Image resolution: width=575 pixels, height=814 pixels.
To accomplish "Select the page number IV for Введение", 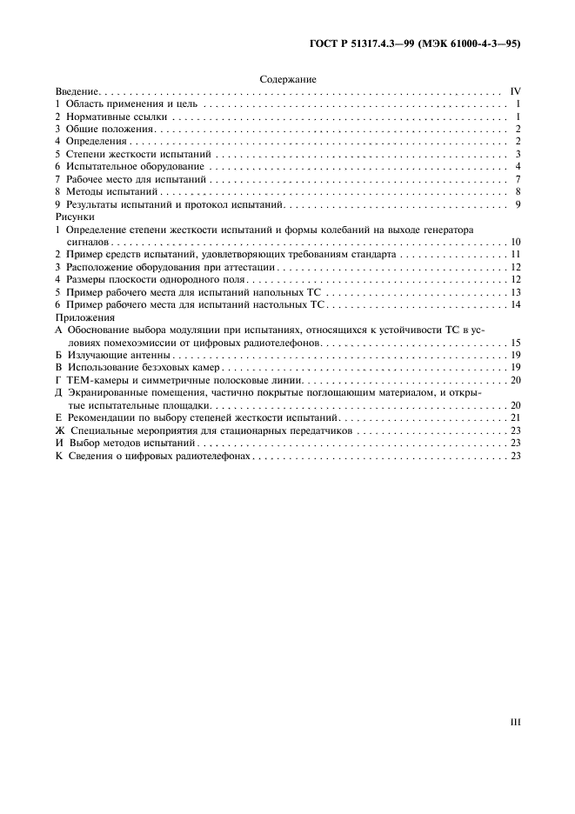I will point(514,91).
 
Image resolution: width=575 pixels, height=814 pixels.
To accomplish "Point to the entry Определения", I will point(97,141).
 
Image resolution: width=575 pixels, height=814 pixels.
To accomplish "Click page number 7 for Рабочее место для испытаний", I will point(517,179).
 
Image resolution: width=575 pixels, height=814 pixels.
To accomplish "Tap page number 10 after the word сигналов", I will point(514,242).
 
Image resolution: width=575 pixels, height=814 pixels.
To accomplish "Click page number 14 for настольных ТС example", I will point(514,305).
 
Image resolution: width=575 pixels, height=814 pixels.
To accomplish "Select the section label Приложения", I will point(81,318).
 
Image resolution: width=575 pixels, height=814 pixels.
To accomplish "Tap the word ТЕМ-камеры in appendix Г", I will point(94,381).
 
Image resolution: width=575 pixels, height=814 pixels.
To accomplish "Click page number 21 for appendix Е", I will point(514,418).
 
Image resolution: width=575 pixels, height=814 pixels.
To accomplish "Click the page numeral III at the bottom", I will point(514,721).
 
